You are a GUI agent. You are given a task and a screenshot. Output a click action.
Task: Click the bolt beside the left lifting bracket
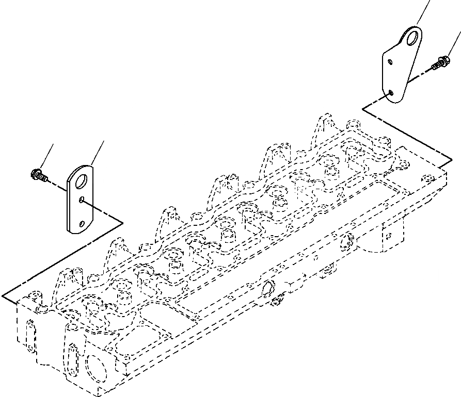pos(39,175)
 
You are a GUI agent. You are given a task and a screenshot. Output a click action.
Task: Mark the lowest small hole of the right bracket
pos(391,93)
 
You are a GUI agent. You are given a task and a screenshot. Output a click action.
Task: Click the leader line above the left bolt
pos(47,155)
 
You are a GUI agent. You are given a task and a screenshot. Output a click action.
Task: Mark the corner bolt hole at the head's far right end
pos(426,179)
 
